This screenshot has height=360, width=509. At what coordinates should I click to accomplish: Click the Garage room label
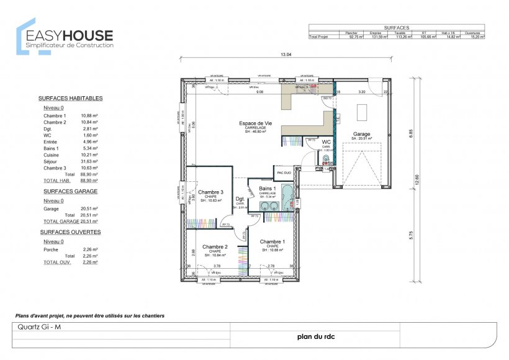(x=361, y=134)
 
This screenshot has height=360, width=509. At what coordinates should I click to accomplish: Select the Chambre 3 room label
(x=210, y=192)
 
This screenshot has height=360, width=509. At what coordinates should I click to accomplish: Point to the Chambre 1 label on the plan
(x=273, y=241)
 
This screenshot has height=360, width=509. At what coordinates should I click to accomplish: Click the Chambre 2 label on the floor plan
(x=215, y=246)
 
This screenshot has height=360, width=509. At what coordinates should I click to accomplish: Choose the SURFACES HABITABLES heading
(x=70, y=98)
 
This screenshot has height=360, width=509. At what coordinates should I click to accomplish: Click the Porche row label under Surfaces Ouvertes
(x=51, y=249)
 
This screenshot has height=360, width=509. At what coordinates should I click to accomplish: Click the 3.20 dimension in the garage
(x=361, y=92)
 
